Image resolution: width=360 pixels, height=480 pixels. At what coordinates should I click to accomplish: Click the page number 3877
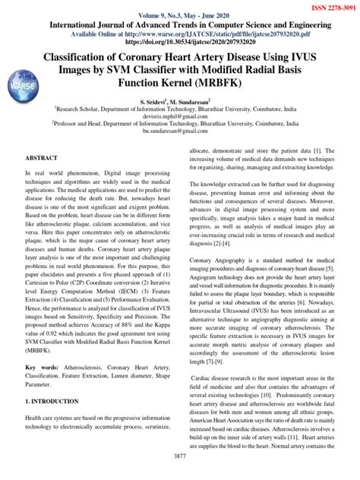pos(181,475)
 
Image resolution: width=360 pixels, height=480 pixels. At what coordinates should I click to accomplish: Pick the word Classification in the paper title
pos(96,57)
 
